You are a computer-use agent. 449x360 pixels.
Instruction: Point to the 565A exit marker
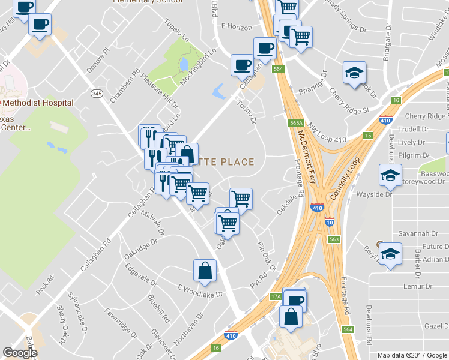point(295,123)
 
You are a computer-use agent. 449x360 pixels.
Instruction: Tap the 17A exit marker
point(276,296)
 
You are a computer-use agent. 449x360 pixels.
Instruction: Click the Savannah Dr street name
point(415,233)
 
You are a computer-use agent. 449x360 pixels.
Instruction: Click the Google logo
point(20,353)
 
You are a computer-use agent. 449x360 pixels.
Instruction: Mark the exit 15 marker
point(367,136)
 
